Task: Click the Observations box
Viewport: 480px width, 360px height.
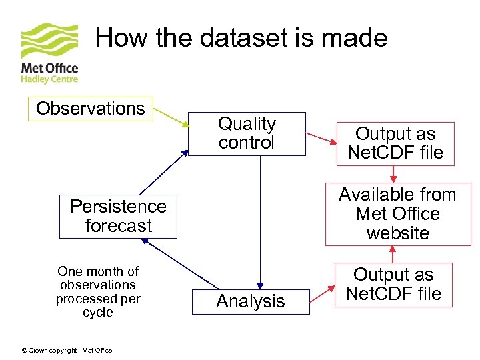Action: [90, 109]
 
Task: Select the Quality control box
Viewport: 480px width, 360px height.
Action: [247, 133]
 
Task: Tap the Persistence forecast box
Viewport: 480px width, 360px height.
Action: [118, 216]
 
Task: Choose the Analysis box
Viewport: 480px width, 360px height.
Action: [251, 301]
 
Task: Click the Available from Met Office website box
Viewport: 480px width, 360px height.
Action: [397, 214]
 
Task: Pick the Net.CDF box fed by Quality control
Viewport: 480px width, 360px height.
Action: [395, 143]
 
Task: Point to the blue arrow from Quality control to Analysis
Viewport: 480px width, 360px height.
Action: [260, 220]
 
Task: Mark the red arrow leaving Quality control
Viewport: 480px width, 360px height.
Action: [321, 139]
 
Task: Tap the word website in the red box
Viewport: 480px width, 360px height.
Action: [397, 233]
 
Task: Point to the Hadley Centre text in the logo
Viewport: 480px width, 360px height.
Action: [49, 79]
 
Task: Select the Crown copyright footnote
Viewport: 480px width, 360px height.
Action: [67, 351]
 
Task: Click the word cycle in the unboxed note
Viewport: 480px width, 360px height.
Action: [98, 313]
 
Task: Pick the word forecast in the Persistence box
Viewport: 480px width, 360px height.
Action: [118, 226]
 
